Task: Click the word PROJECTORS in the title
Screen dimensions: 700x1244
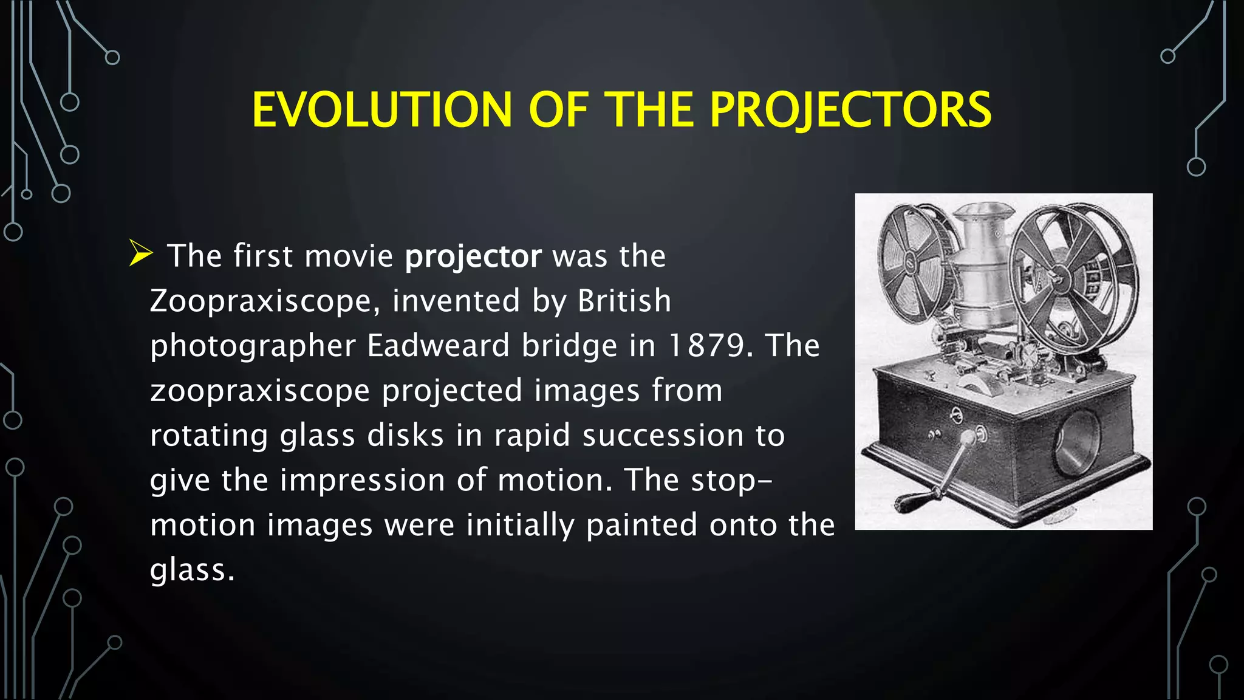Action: tap(850, 110)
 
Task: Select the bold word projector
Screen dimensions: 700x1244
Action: tap(473, 256)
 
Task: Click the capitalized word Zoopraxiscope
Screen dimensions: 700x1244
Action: tap(260, 301)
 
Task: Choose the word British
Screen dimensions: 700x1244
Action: tap(624, 301)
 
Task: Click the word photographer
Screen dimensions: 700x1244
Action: tap(253, 346)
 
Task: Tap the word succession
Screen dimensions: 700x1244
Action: tap(663, 436)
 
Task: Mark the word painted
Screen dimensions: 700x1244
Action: tap(641, 525)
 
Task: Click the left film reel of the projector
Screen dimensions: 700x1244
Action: tap(911, 261)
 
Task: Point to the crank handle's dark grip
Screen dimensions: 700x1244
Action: tap(917, 502)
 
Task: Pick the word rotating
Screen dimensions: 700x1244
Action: tap(209, 436)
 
